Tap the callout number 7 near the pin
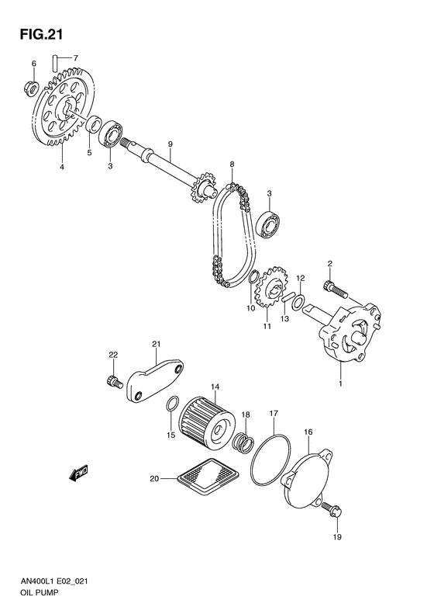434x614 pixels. (76, 58)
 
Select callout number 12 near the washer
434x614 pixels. (301, 278)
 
